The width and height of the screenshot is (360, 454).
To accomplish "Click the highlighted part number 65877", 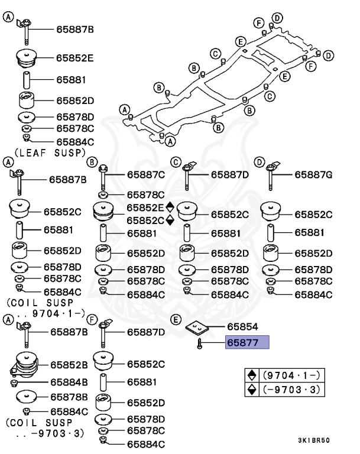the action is [242, 342].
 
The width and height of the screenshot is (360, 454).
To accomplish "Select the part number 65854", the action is [242, 326].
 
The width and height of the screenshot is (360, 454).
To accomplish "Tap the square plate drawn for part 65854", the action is [197, 327].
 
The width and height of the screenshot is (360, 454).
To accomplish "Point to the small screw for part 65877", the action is [199, 343].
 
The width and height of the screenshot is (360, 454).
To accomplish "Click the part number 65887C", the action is [146, 174].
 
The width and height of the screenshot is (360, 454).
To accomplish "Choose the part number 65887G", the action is [313, 174].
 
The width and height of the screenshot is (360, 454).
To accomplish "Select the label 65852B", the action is [69, 365].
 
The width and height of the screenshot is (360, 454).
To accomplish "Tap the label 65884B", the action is [69, 382].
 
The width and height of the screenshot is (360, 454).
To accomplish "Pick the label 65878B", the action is [69, 397].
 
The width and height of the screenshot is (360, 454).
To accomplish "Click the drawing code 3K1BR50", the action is [314, 440].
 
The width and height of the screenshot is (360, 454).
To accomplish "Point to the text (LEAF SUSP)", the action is [50, 153].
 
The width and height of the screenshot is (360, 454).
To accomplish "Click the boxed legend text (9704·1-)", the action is [291, 375].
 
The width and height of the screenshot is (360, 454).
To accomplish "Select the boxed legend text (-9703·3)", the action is [291, 390].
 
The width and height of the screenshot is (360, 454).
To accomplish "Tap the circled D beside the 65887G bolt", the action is [259, 162].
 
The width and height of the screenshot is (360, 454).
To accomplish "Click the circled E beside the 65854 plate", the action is [176, 320].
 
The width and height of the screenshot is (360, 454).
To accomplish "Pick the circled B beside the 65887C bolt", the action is [92, 162].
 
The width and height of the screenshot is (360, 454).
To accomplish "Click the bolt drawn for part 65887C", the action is [103, 177].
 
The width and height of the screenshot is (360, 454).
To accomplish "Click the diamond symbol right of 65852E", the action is [170, 207].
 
